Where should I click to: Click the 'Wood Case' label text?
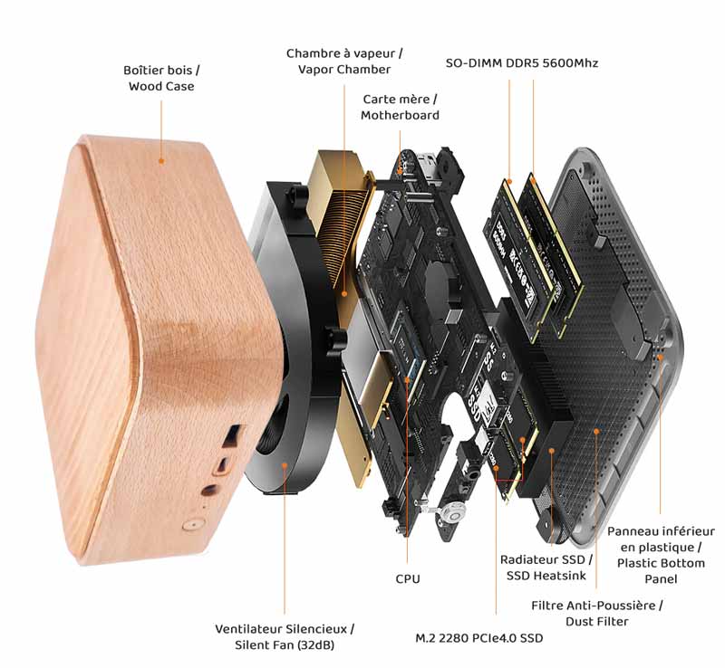click(161, 86)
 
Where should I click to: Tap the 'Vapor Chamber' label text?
click(344, 70)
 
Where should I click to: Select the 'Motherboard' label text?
click(400, 115)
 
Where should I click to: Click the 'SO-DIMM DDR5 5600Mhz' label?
click(522, 62)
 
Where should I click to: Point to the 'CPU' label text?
click(408, 578)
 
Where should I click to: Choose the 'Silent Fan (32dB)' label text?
click(285, 645)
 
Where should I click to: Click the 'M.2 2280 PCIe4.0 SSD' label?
click(479, 638)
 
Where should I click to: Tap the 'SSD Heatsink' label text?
click(546, 576)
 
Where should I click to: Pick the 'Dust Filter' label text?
click(597, 621)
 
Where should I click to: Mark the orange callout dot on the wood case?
click(161, 161)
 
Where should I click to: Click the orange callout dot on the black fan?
click(285, 465)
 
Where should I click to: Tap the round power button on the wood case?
click(191, 525)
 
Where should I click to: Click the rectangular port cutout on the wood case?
click(232, 436)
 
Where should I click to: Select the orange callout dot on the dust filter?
click(596, 431)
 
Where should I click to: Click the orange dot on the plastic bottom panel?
click(661, 358)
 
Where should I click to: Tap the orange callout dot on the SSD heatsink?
click(551, 451)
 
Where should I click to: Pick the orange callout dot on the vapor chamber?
click(344, 293)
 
